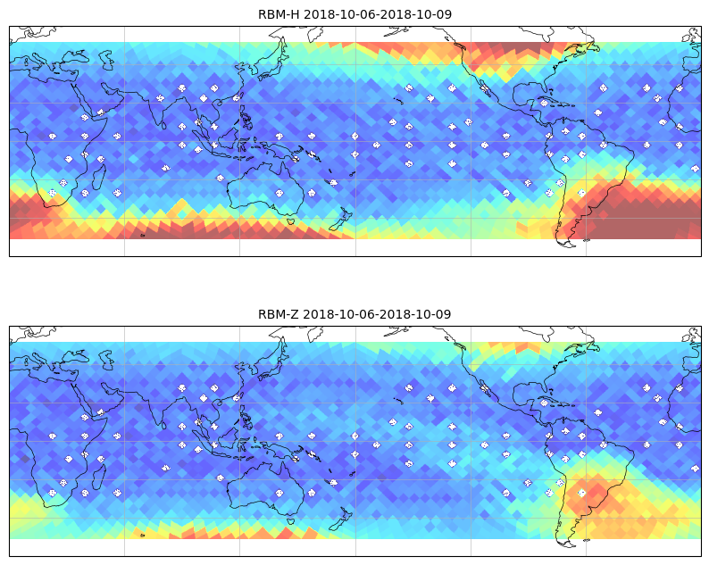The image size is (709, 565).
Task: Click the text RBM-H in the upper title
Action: point(279,14)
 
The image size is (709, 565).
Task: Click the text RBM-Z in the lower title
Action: point(278,314)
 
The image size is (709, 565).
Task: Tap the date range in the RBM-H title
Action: point(378,14)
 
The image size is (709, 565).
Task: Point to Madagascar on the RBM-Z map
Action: point(99,477)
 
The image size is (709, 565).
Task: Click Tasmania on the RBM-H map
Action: point(290,221)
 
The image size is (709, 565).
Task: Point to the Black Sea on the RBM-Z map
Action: point(76,357)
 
